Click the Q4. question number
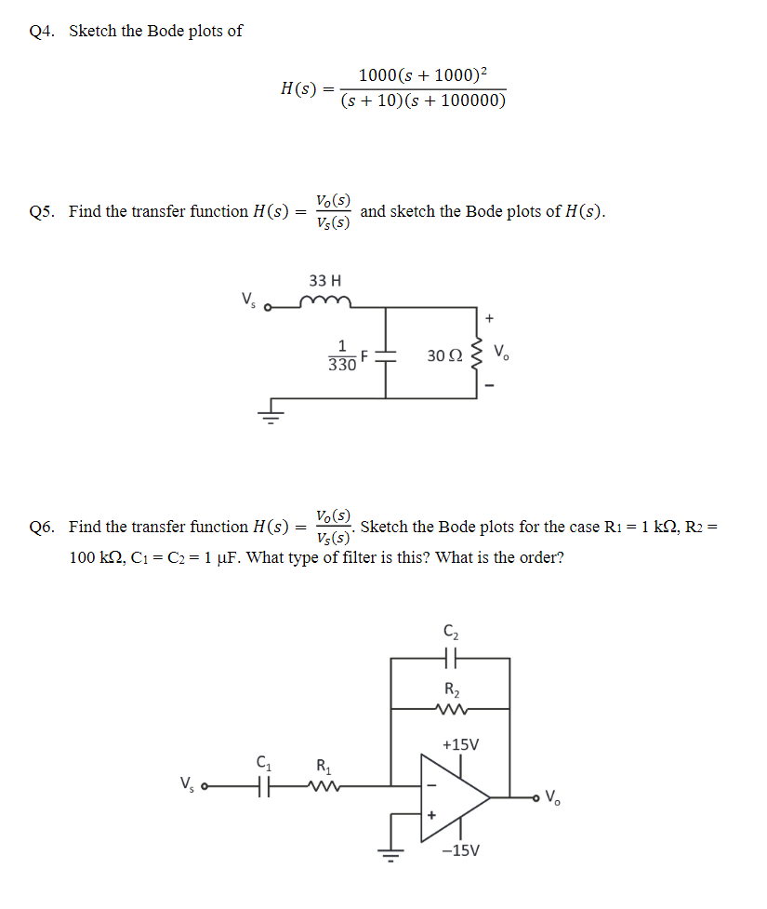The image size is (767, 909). [x=42, y=31]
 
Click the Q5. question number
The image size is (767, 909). [x=42, y=211]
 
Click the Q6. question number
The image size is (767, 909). [x=42, y=527]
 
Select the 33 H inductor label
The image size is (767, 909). [x=324, y=280]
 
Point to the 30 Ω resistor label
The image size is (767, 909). [x=443, y=355]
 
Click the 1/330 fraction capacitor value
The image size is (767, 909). [x=342, y=355]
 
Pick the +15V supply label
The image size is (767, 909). [x=461, y=744]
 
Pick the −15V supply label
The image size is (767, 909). [x=461, y=849]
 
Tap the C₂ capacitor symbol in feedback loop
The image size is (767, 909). [x=451, y=658]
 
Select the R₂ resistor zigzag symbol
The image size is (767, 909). [x=451, y=708]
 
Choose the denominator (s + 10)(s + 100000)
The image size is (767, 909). [x=423, y=100]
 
